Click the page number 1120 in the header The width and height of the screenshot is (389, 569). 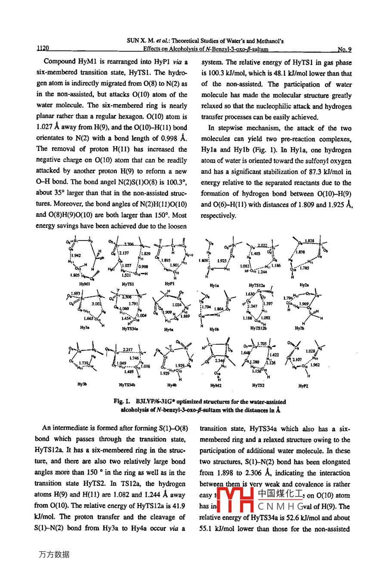click(x=43, y=49)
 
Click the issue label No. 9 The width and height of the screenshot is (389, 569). click(x=344, y=49)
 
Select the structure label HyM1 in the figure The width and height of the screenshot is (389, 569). click(x=85, y=284)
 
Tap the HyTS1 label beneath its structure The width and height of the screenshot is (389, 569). click(x=127, y=284)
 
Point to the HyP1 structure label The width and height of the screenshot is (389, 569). click(x=170, y=284)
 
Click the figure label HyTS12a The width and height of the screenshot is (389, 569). click(x=257, y=285)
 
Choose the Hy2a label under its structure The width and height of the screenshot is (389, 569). click(x=304, y=285)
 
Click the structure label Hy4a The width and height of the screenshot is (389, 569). click(x=169, y=329)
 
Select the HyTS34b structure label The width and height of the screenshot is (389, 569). click(x=127, y=385)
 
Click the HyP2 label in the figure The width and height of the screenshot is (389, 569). click(x=303, y=386)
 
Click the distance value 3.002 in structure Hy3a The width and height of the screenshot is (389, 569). click(x=96, y=303)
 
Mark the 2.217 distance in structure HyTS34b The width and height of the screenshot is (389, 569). click(x=128, y=350)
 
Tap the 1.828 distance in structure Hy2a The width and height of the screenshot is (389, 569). click(x=309, y=241)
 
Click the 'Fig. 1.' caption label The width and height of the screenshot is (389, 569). click(x=122, y=401)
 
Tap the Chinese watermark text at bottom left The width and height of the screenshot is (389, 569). click(x=54, y=554)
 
